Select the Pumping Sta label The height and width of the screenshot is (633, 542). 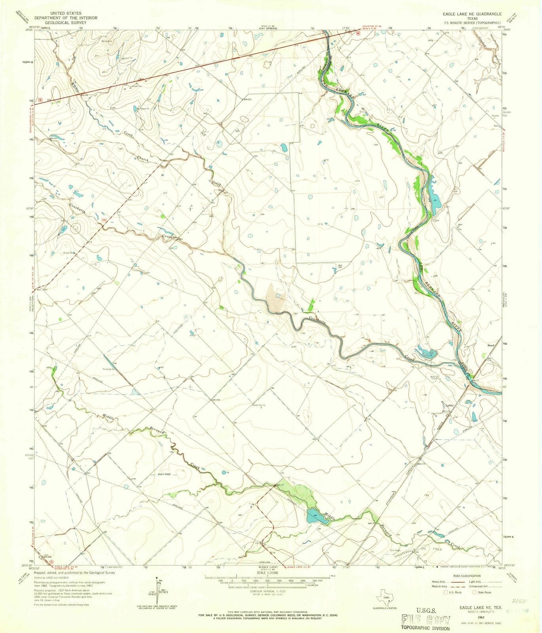coord(110,368)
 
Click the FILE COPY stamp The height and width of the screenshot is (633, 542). coord(426,620)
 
